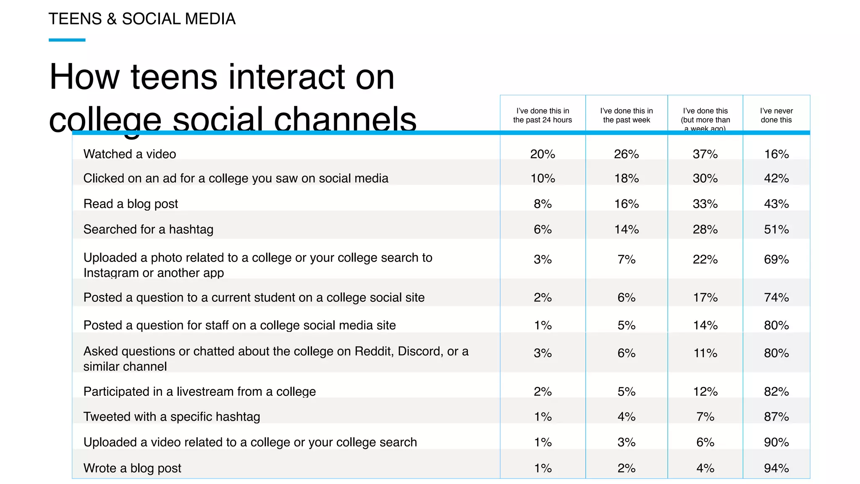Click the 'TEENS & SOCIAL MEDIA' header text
click(142, 19)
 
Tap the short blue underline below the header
click(67, 40)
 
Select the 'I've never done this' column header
click(776, 116)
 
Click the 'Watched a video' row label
click(129, 154)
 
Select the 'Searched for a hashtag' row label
click(148, 229)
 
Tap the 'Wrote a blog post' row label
click(132, 468)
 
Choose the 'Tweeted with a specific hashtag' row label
click(172, 417)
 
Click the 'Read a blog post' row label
click(131, 204)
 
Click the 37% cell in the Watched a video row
click(705, 154)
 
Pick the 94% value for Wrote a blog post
click(776, 468)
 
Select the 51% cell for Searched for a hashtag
click(776, 229)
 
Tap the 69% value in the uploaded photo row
click(776, 260)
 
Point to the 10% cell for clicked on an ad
click(543, 179)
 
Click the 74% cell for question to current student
click(776, 297)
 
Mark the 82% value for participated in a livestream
click(776, 392)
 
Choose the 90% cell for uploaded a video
click(776, 442)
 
